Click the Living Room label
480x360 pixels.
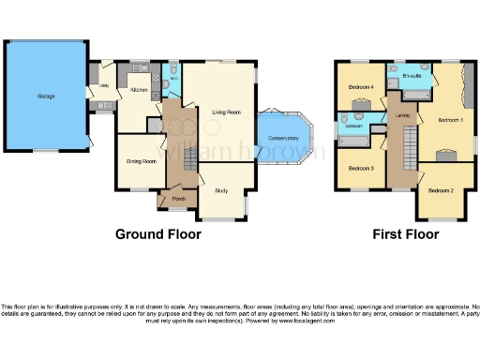click(x=227, y=112)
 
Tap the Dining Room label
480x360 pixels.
click(x=141, y=159)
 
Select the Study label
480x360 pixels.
click(x=221, y=190)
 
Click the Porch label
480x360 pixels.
click(x=176, y=198)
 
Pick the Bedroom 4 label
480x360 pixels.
click(x=362, y=87)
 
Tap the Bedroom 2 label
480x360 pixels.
click(x=441, y=190)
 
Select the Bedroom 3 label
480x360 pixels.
click(x=361, y=168)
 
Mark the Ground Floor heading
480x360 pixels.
click(x=157, y=234)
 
